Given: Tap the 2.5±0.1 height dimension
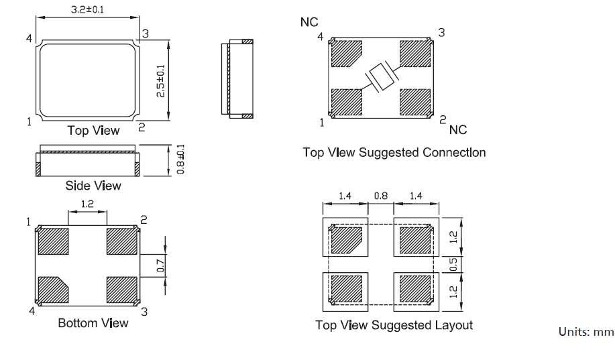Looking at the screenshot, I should pyautogui.click(x=160, y=80).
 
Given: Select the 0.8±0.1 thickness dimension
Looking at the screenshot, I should pyautogui.click(x=180, y=160).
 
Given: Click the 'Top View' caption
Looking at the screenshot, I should pyautogui.click(x=93, y=130).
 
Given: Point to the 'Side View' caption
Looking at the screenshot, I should pyautogui.click(x=93, y=185).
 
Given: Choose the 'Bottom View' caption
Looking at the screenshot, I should pyautogui.click(x=93, y=323).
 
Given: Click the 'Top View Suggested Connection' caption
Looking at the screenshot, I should pyautogui.click(x=394, y=152).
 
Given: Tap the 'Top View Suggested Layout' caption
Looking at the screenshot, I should pyautogui.click(x=394, y=325).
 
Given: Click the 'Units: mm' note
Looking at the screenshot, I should pyautogui.click(x=586, y=332).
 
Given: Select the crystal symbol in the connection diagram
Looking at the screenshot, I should pyautogui.click(x=380, y=78).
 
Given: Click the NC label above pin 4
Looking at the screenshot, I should pyautogui.click(x=309, y=22).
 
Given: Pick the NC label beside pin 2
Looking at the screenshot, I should pyautogui.click(x=458, y=129).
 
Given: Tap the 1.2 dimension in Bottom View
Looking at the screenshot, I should pyautogui.click(x=87, y=202).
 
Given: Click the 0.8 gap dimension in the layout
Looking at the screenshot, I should pyautogui.click(x=380, y=196).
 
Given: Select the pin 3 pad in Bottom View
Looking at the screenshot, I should pyautogui.click(x=121, y=290).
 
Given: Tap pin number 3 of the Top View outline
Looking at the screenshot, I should pyautogui.click(x=146, y=34).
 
